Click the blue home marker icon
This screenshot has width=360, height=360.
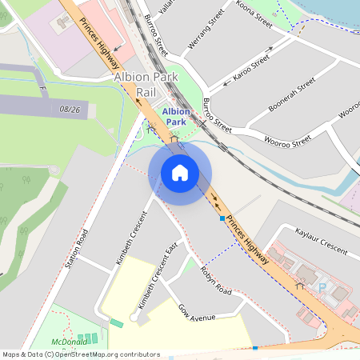[x=180, y=172]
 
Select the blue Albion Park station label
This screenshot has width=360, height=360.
[x=176, y=117]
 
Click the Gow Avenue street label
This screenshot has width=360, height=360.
[x=197, y=313]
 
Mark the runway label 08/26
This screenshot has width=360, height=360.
[x=70, y=109]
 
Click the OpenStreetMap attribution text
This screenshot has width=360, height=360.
[x=81, y=354]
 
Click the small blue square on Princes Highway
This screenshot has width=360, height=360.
[x=222, y=218]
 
